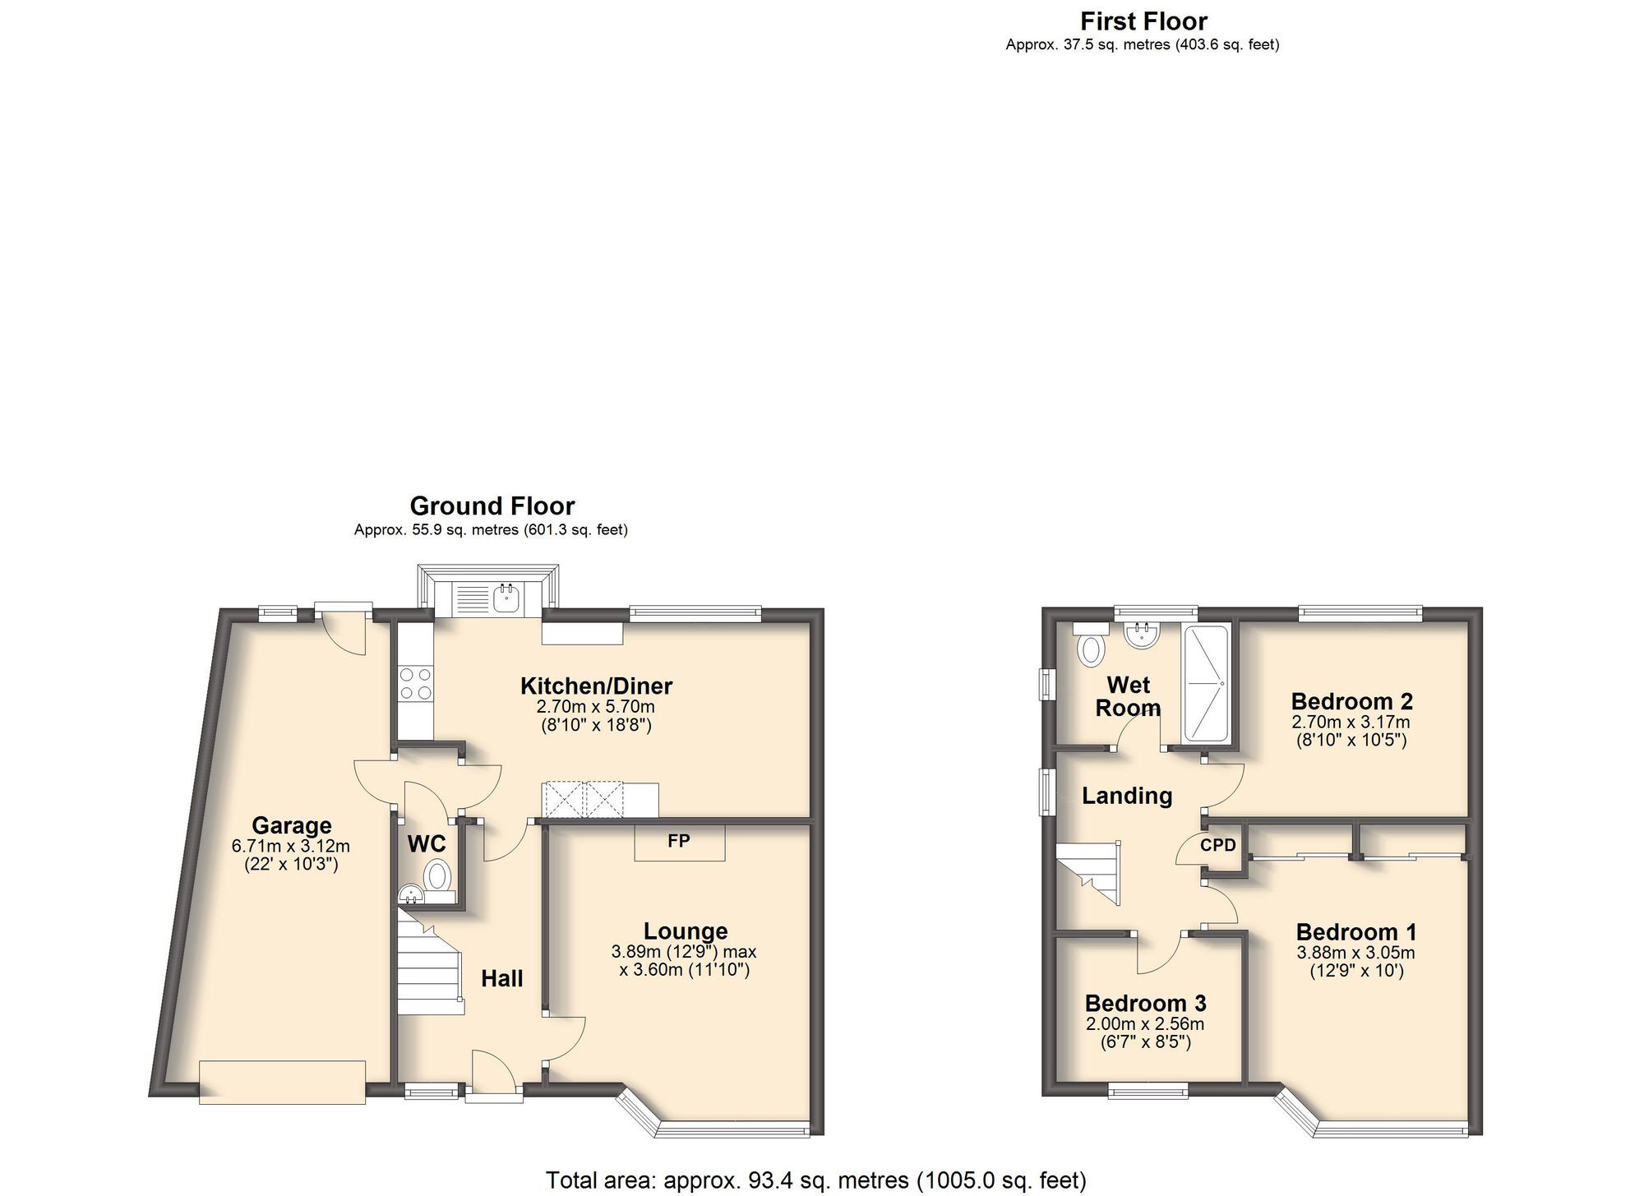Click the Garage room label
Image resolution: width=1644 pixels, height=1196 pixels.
coord(291,825)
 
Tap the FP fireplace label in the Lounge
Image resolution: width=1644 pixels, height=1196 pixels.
coord(678,841)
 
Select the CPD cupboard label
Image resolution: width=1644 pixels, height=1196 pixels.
coord(1217,845)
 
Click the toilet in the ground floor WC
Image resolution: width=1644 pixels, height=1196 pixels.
coord(438,875)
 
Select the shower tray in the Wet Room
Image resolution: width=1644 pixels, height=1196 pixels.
coord(1206,681)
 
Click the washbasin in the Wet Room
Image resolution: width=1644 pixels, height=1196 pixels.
coord(1142,634)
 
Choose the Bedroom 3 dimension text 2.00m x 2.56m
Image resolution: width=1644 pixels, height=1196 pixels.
coord(1145,1024)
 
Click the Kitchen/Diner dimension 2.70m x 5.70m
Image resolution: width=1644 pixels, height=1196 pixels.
coord(595,707)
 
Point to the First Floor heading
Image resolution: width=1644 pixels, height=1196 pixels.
coord(1143,21)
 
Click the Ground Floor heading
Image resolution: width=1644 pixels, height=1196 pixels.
coord(492,506)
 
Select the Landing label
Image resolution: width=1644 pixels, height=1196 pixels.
coord(1126,796)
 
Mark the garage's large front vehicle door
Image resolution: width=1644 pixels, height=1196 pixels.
coord(282,1083)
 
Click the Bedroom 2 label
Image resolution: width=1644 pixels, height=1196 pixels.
coord(1351,701)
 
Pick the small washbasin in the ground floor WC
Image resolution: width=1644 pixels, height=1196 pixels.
coord(409,894)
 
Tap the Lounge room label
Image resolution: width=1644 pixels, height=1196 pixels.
coord(685,931)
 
